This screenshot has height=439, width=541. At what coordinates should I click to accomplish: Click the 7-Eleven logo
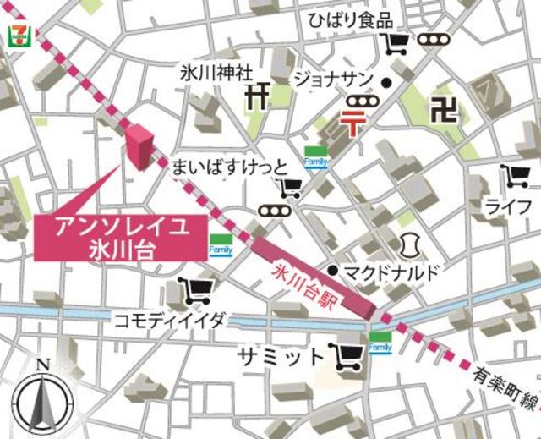[x=16, y=35]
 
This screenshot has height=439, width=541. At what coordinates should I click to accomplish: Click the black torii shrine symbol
[x=256, y=95]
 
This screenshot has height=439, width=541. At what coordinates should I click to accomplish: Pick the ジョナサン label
[x=331, y=80]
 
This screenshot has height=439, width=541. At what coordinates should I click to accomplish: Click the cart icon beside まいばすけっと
[x=290, y=189]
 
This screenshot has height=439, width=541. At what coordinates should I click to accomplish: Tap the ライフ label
[x=508, y=206]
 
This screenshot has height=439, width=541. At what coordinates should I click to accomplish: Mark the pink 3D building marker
[x=139, y=145]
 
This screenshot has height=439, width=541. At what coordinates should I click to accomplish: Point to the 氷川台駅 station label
[x=305, y=286]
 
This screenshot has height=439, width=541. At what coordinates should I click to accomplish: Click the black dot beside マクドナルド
[x=333, y=271]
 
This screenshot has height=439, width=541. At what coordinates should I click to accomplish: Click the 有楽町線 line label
[x=505, y=378]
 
